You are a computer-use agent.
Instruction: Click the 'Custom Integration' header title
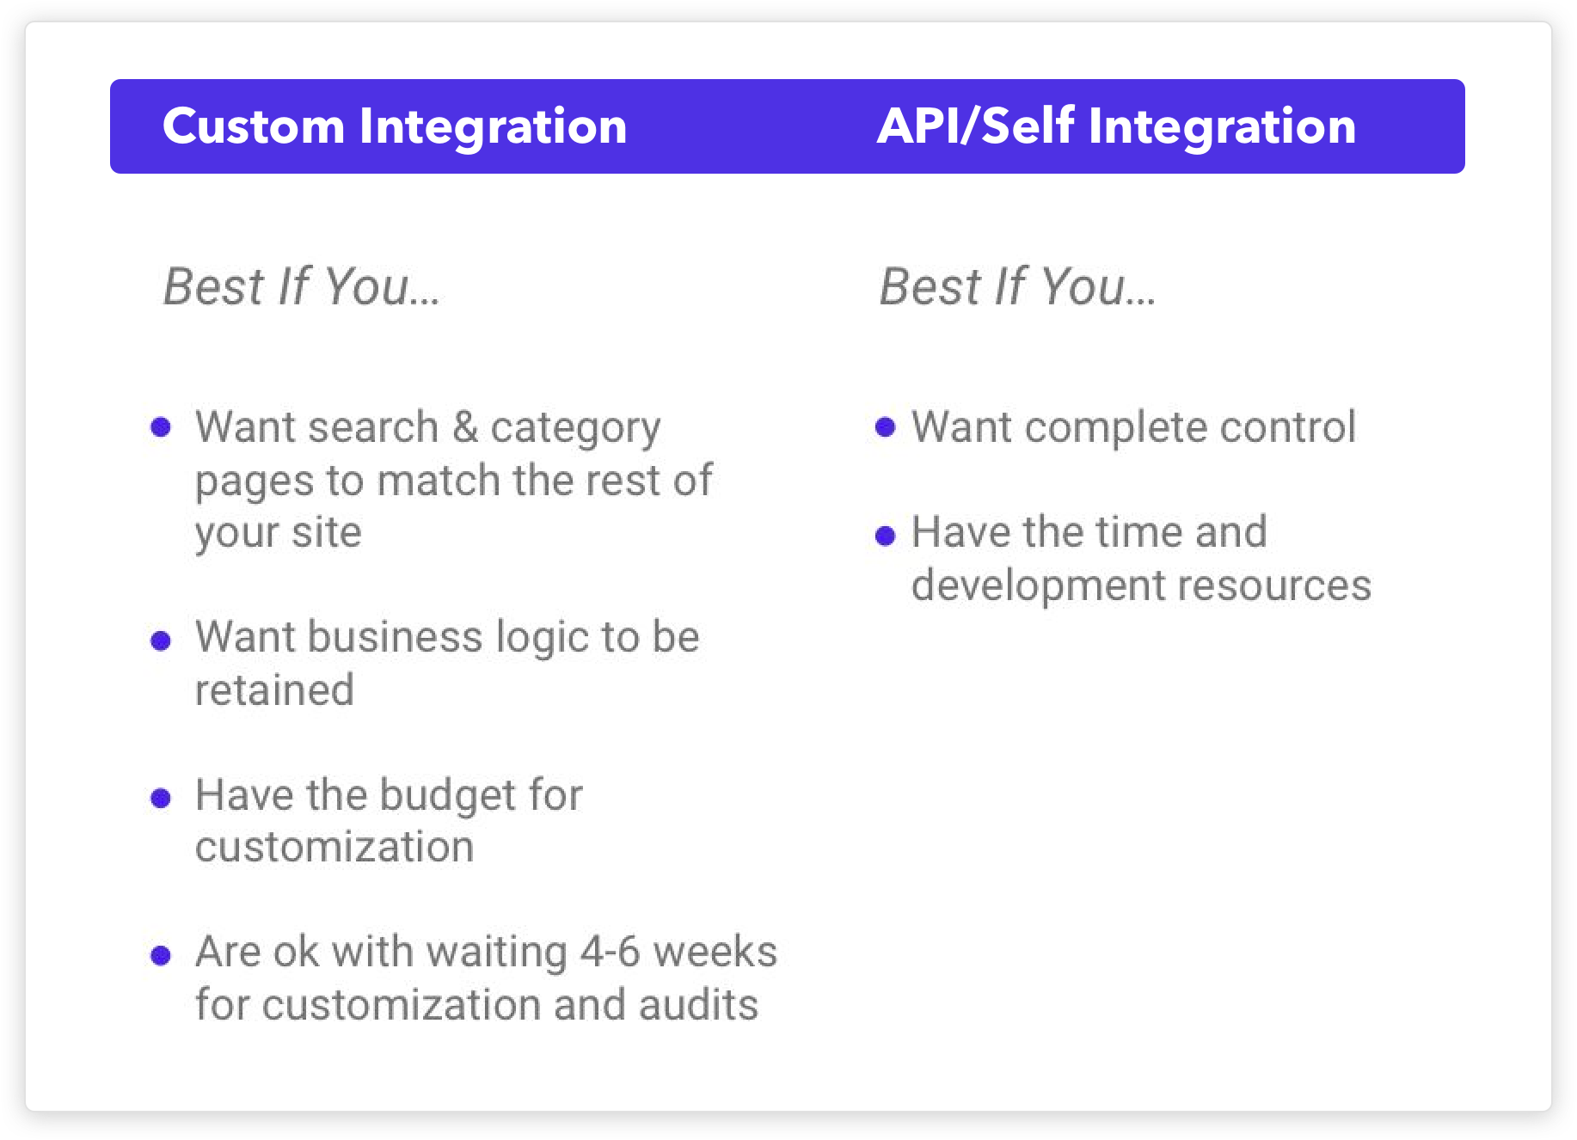tap(395, 126)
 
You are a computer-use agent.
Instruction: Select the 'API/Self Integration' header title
tap(1116, 126)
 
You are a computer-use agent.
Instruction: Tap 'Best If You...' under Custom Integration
tap(302, 286)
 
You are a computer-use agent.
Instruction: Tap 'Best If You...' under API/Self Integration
tap(1018, 286)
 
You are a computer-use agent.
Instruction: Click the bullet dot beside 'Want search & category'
tap(161, 427)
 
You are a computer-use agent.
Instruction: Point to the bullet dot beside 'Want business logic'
tap(161, 640)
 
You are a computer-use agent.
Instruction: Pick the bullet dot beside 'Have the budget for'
tap(161, 799)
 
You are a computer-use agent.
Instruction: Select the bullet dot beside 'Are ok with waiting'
tap(161, 955)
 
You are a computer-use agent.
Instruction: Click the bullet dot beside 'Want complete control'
tap(886, 427)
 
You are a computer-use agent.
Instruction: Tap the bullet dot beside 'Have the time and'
tap(886, 536)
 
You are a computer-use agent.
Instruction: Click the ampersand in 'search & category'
tap(465, 427)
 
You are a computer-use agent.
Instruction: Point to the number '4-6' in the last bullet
tap(611, 952)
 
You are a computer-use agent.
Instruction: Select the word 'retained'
tap(274, 690)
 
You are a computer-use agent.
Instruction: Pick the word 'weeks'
tap(715, 952)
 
